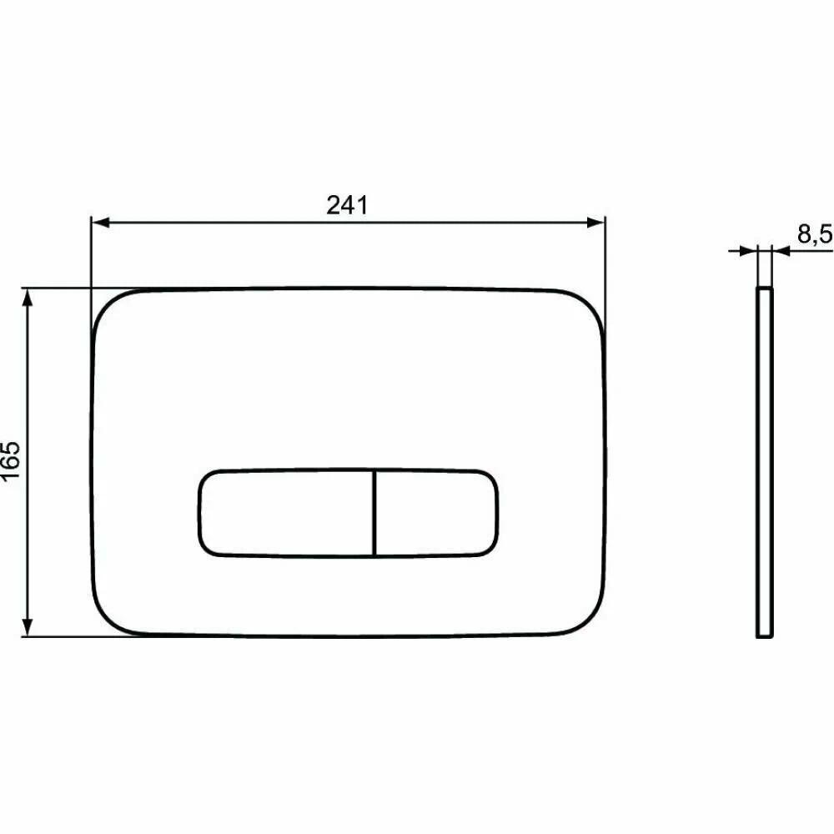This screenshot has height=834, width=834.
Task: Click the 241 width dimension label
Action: [347, 205]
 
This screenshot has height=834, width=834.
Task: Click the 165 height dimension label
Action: [11, 460]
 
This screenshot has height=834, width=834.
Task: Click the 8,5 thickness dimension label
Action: [815, 234]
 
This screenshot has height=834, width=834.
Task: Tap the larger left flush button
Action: [287, 513]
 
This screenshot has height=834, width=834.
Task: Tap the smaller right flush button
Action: [437, 513]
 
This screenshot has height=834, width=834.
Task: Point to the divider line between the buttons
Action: [375, 513]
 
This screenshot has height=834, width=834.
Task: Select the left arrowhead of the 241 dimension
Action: [101, 223]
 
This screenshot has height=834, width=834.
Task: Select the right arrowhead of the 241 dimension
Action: [595, 223]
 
